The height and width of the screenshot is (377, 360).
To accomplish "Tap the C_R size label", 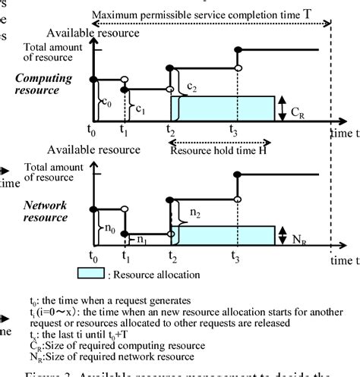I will click(298, 111).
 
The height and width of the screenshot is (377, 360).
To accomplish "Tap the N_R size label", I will click(298, 237).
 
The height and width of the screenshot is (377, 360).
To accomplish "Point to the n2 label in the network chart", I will click(196, 215).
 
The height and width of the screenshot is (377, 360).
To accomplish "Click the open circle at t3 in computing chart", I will click(238, 70).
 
